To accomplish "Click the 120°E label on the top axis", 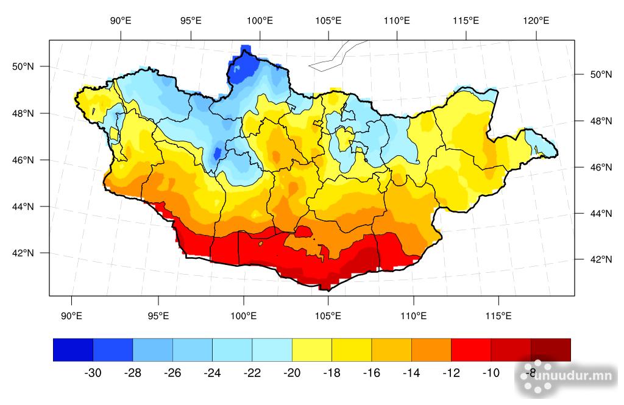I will point(536,20).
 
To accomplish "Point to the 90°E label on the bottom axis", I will point(72,315).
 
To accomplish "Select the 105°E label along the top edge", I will point(328,20).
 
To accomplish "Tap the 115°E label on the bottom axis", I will point(498,315).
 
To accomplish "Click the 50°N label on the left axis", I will point(24,66).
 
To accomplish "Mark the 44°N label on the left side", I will point(24,207).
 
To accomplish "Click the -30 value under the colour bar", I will point(93,373).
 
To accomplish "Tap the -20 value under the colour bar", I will point(292,373).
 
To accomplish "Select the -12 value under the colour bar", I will point(451,373).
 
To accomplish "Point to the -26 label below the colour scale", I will point(172,373).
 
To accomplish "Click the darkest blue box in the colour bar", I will point(73,350).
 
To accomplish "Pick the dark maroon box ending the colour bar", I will point(551,350).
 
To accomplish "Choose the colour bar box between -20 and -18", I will point(312,350).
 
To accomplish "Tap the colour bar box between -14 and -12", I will point(431,350).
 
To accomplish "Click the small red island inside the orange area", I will point(303,231).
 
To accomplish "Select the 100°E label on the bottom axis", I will point(244,315).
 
